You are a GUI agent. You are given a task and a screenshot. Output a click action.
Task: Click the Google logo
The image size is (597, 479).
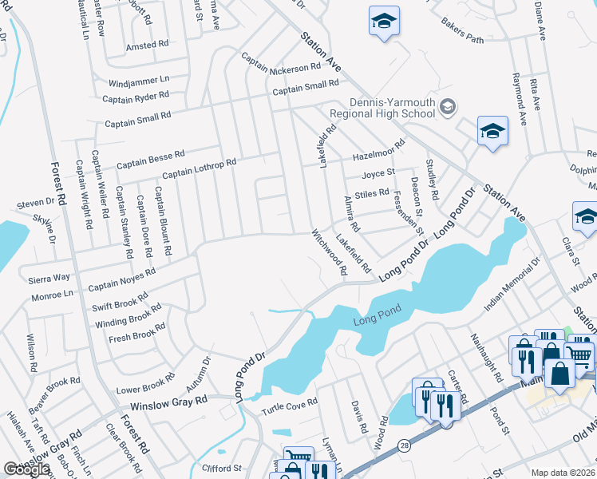(26, 469)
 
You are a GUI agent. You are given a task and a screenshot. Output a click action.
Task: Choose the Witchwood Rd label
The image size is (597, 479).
(329, 254)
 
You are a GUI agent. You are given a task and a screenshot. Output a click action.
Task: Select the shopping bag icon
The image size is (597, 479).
(560, 373)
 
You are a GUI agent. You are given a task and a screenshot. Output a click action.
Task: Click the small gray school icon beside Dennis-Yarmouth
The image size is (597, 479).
(448, 105)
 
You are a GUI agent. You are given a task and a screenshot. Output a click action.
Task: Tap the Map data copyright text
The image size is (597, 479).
(563, 473)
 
